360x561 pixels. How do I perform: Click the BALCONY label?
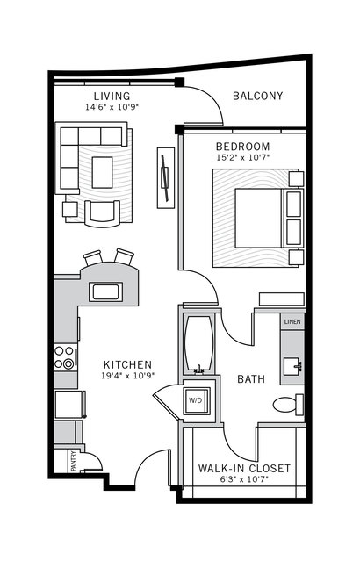pyautogui.click(x=257, y=96)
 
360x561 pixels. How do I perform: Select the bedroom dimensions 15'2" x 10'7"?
pyautogui.click(x=242, y=158)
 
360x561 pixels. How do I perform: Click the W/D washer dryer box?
pyautogui.click(x=194, y=400)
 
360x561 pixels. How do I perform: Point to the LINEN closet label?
pyautogui.click(x=292, y=323)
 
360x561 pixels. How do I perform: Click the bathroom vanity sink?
pyautogui.click(x=291, y=366)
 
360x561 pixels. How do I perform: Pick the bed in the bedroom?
pyautogui.click(x=253, y=218)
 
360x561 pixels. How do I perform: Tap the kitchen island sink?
pyautogui.click(x=105, y=292)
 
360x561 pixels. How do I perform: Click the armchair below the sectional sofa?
pyautogui.click(x=103, y=212)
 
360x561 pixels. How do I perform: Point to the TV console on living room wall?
pyautogui.click(x=163, y=177)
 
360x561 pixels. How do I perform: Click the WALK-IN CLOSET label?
pyautogui.click(x=244, y=468)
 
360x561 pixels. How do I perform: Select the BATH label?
pyautogui.click(x=251, y=379)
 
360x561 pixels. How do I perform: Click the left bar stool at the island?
pyautogui.click(x=93, y=259)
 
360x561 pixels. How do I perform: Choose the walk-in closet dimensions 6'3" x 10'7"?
pyautogui.click(x=244, y=479)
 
